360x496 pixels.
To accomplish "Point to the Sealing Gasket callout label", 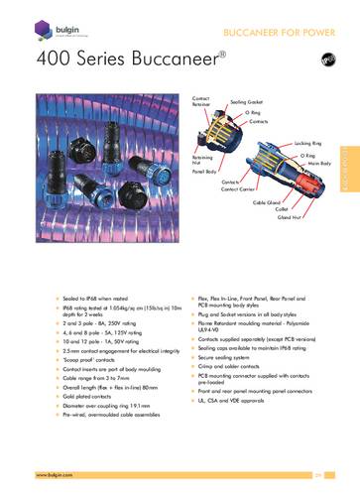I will pos(245,102).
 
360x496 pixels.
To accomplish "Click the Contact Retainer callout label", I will pos(201,102).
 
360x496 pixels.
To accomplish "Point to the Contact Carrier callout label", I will pos(249,188).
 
